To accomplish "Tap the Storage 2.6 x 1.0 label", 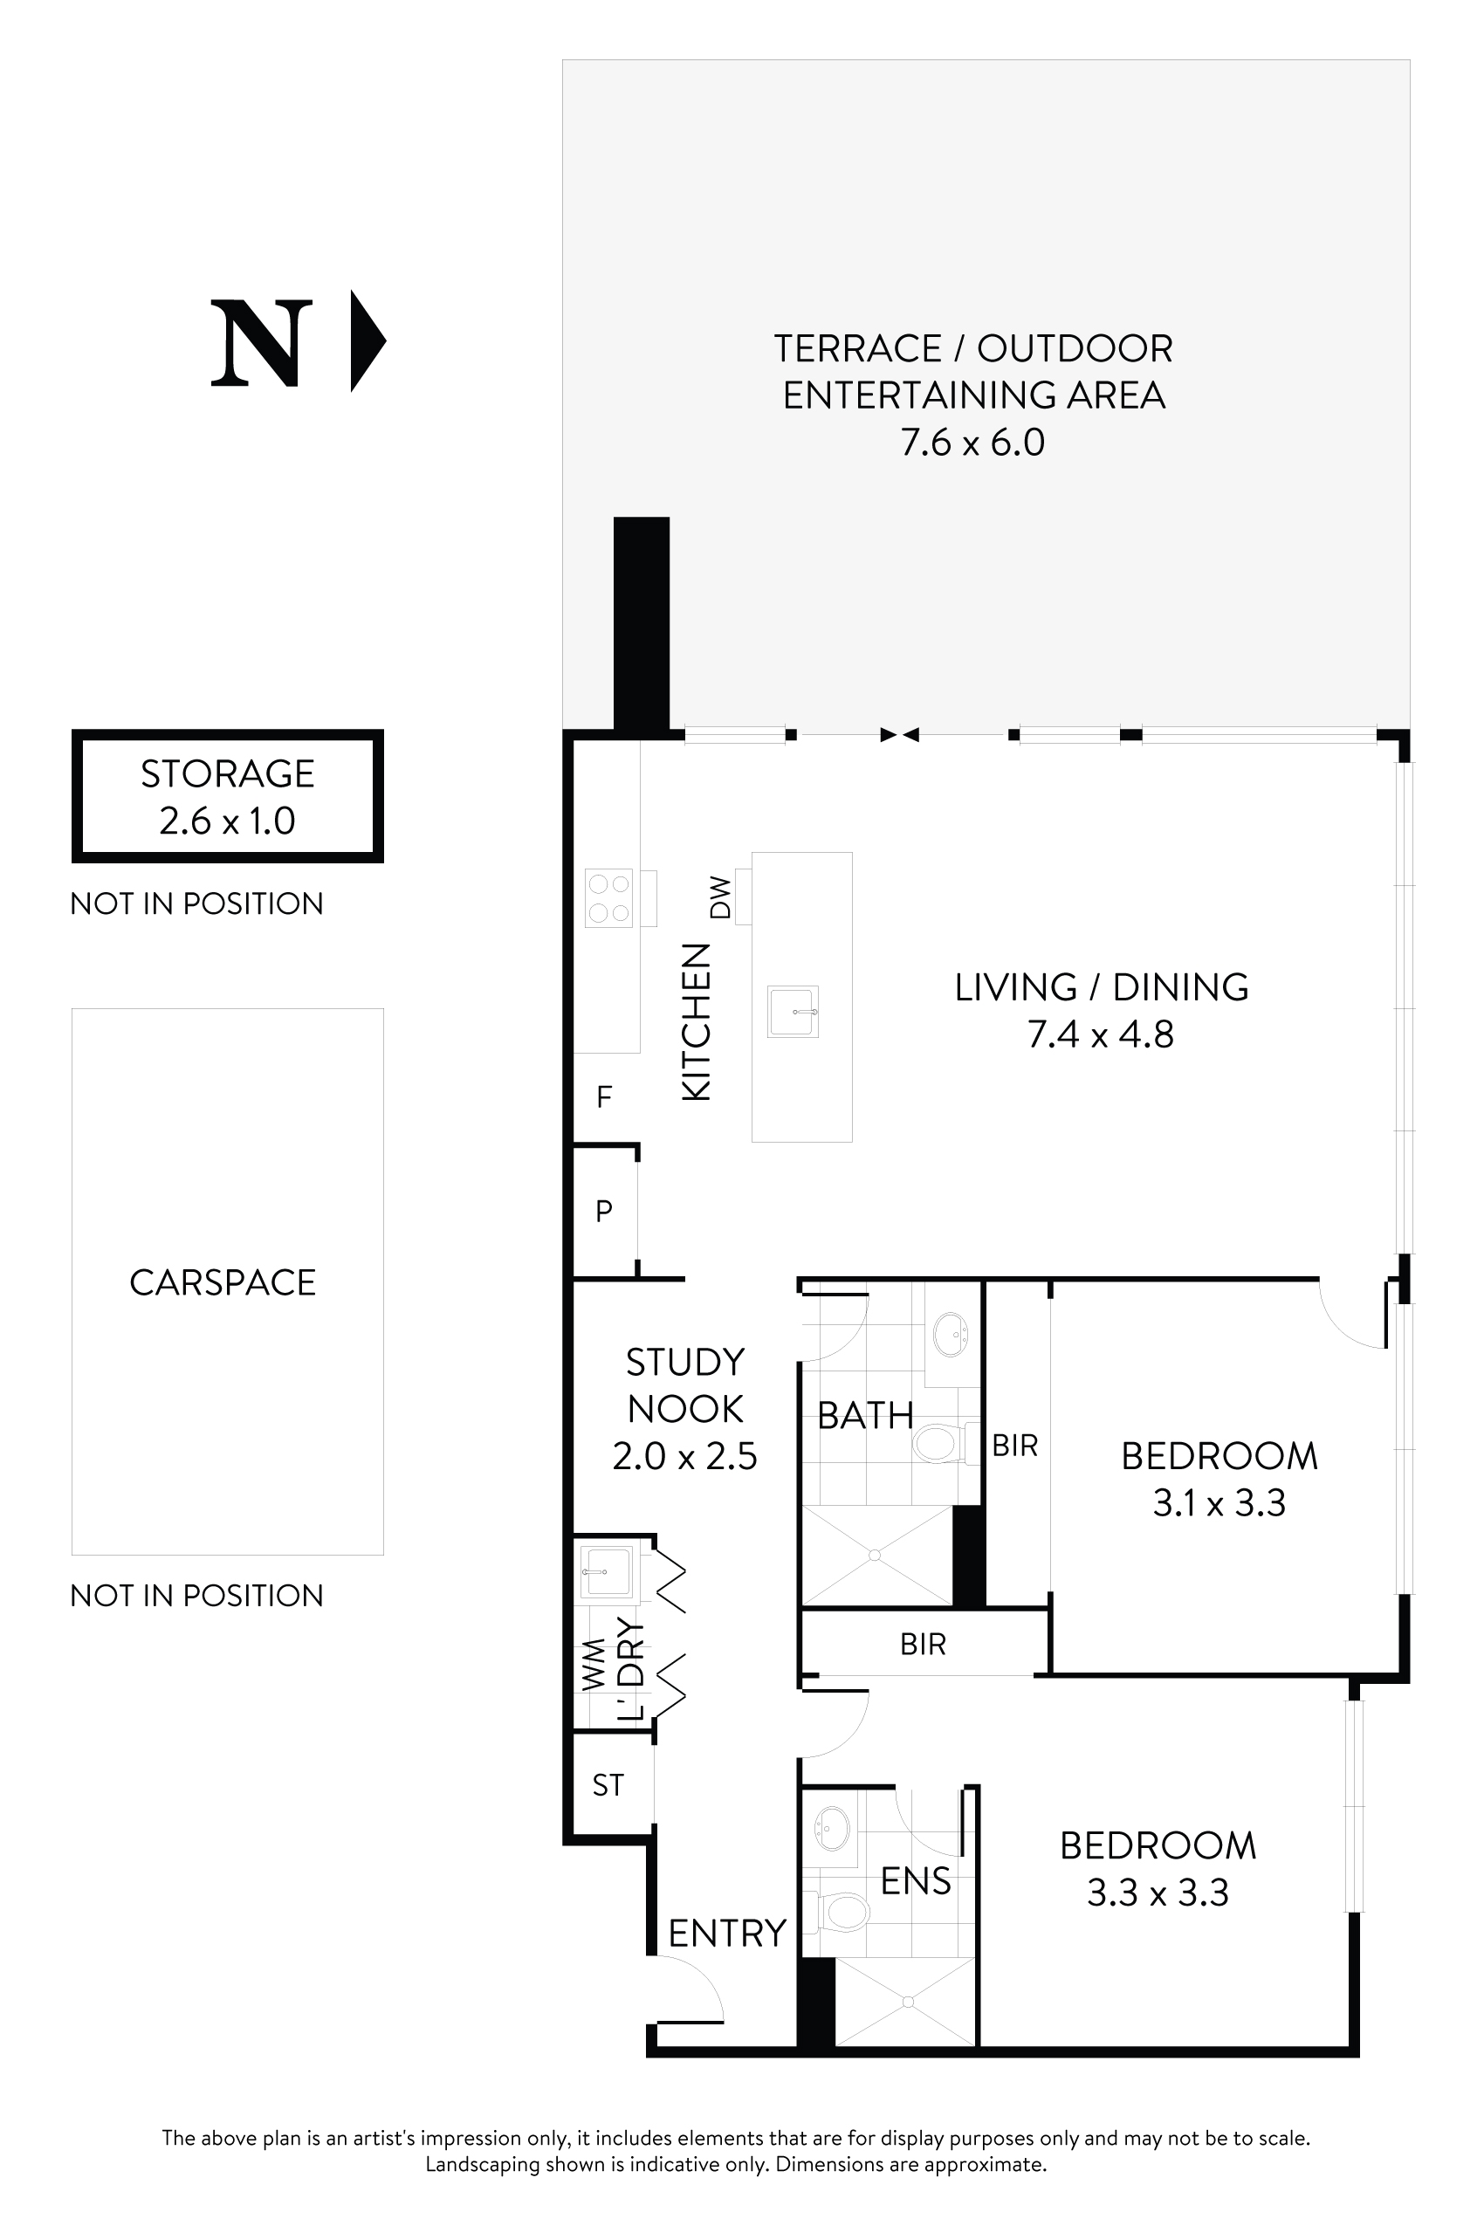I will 227,797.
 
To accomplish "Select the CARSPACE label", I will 223,1282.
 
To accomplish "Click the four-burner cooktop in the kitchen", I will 608,898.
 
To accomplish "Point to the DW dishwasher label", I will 720,897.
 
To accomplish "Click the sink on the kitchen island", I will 792,1012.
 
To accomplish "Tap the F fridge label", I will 604,1097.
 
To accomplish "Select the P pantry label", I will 604,1211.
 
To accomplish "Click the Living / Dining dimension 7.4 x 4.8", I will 1101,1034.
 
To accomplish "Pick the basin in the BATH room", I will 951,1336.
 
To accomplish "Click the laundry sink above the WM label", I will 606,1572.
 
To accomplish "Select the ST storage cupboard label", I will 608,1785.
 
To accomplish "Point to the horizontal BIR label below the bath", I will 923,1644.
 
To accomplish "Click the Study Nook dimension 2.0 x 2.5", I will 684,1455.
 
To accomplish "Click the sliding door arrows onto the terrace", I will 899,734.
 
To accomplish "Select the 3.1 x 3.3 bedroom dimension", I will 1219,1503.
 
